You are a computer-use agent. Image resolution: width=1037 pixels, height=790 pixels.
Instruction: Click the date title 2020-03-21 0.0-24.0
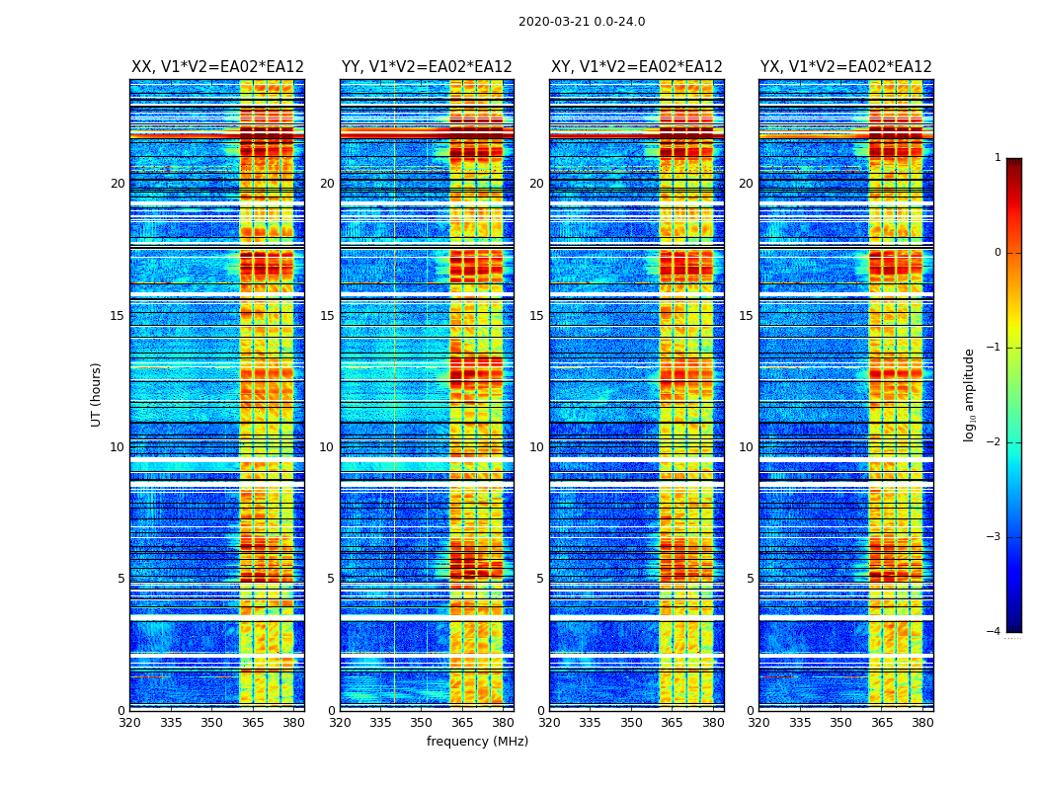tap(582, 22)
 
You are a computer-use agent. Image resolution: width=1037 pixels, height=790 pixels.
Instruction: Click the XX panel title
tap(217, 67)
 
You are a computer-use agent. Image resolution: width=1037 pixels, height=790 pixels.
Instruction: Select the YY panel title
tap(427, 67)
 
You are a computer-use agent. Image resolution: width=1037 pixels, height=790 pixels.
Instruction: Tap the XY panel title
tap(636, 67)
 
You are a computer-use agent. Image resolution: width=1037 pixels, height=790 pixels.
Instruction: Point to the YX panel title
tap(845, 67)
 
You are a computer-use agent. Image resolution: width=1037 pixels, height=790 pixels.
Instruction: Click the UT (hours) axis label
tap(97, 394)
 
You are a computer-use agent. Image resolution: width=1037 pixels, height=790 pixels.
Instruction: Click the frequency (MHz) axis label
tap(477, 742)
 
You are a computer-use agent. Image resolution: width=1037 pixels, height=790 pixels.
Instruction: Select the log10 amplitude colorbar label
tap(969, 394)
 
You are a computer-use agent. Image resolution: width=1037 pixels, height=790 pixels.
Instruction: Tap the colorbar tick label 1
tap(997, 158)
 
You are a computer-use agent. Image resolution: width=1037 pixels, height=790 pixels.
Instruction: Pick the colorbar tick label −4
tap(994, 632)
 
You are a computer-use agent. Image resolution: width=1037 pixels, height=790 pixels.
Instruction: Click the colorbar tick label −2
tap(994, 442)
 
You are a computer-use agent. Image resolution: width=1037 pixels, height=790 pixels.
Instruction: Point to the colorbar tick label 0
tap(997, 253)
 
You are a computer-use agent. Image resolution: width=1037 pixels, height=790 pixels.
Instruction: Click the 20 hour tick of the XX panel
tap(118, 184)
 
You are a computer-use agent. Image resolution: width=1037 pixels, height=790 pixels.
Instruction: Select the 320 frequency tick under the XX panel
tap(129, 723)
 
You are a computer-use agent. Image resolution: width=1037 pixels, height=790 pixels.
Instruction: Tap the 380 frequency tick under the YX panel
tap(922, 723)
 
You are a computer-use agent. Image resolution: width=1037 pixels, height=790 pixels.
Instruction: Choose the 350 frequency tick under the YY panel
tap(422, 723)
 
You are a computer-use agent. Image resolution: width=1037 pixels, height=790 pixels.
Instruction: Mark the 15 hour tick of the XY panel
tap(537, 316)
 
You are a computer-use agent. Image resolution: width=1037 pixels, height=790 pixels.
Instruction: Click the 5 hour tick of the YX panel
tap(750, 579)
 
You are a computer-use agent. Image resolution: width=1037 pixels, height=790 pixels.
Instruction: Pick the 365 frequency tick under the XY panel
tap(672, 723)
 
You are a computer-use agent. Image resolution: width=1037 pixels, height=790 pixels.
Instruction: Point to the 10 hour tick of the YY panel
tap(327, 447)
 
